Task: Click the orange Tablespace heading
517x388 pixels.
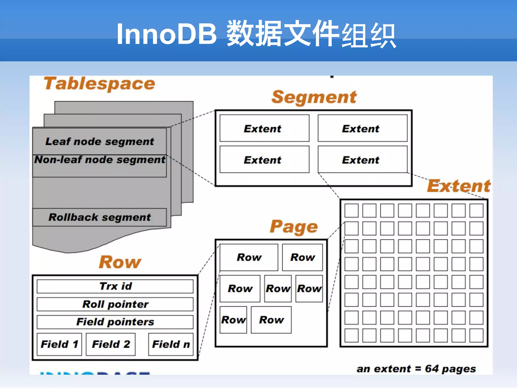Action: point(99,84)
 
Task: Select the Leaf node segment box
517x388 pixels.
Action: point(99,141)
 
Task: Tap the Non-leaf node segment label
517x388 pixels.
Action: point(99,160)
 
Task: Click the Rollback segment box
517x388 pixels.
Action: point(99,217)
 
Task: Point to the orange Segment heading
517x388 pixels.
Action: point(314,97)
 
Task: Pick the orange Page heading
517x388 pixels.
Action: point(294,227)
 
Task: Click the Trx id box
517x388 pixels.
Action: point(115,286)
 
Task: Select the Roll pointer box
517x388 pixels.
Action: point(115,304)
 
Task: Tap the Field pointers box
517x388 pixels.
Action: point(115,322)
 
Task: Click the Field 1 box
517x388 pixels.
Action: point(59,344)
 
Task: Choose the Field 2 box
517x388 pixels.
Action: point(111,344)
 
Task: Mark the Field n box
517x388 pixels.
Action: point(171,344)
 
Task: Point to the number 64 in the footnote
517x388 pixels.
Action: point(432,369)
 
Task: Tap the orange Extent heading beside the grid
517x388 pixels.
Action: point(458,186)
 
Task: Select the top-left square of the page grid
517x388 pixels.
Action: point(351,211)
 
